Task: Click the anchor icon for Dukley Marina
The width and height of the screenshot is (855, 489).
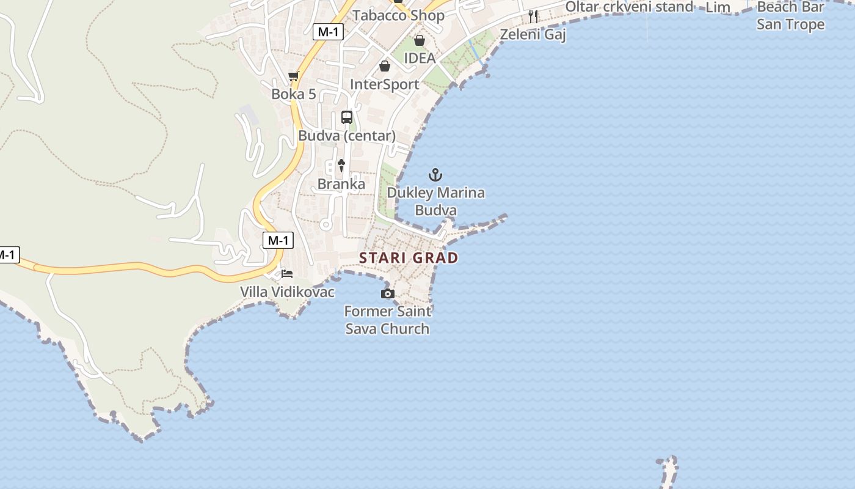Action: (435, 175)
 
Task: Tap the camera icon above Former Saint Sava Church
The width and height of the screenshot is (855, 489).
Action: (387, 294)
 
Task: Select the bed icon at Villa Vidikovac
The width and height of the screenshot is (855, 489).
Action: (287, 273)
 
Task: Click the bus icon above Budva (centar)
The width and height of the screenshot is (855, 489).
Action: (347, 117)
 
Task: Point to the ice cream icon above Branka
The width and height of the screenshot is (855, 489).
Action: (341, 164)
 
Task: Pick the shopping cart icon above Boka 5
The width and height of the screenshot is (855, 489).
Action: (294, 76)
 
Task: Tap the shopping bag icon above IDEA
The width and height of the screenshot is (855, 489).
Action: (420, 41)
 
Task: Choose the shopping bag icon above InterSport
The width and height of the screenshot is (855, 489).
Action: (385, 66)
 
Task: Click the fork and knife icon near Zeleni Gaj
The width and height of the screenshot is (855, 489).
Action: (533, 17)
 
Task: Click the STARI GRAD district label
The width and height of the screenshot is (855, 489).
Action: (409, 258)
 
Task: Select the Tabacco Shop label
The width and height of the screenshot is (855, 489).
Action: (398, 15)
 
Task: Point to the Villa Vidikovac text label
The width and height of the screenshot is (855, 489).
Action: (287, 292)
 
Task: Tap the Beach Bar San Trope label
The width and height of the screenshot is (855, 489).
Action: (790, 16)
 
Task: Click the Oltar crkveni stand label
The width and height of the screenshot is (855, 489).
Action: (629, 7)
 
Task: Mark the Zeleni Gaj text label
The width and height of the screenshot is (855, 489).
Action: (533, 34)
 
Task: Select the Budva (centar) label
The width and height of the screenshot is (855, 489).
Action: (347, 136)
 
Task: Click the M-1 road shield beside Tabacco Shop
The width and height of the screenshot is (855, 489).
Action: (327, 32)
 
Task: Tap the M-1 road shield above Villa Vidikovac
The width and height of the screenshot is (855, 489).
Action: (278, 240)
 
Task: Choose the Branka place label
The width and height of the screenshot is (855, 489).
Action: (341, 184)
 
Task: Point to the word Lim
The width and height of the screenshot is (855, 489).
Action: (718, 7)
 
